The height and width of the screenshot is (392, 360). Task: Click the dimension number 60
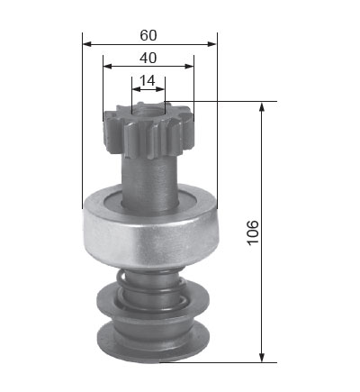click(148, 35)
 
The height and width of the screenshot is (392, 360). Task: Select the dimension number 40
click(148, 58)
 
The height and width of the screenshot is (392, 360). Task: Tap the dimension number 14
click(148, 80)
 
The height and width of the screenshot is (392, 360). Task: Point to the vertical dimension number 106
click(253, 232)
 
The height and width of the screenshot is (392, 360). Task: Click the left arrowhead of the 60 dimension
click(86, 44)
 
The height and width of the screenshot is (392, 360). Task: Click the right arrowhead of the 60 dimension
click(211, 44)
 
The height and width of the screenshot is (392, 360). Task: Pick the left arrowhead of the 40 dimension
click(107, 67)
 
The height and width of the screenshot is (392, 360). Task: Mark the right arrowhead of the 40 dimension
click(189, 67)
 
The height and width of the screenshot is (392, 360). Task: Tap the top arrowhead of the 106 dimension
click(262, 106)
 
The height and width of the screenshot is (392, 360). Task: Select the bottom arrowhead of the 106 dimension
click(262, 358)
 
